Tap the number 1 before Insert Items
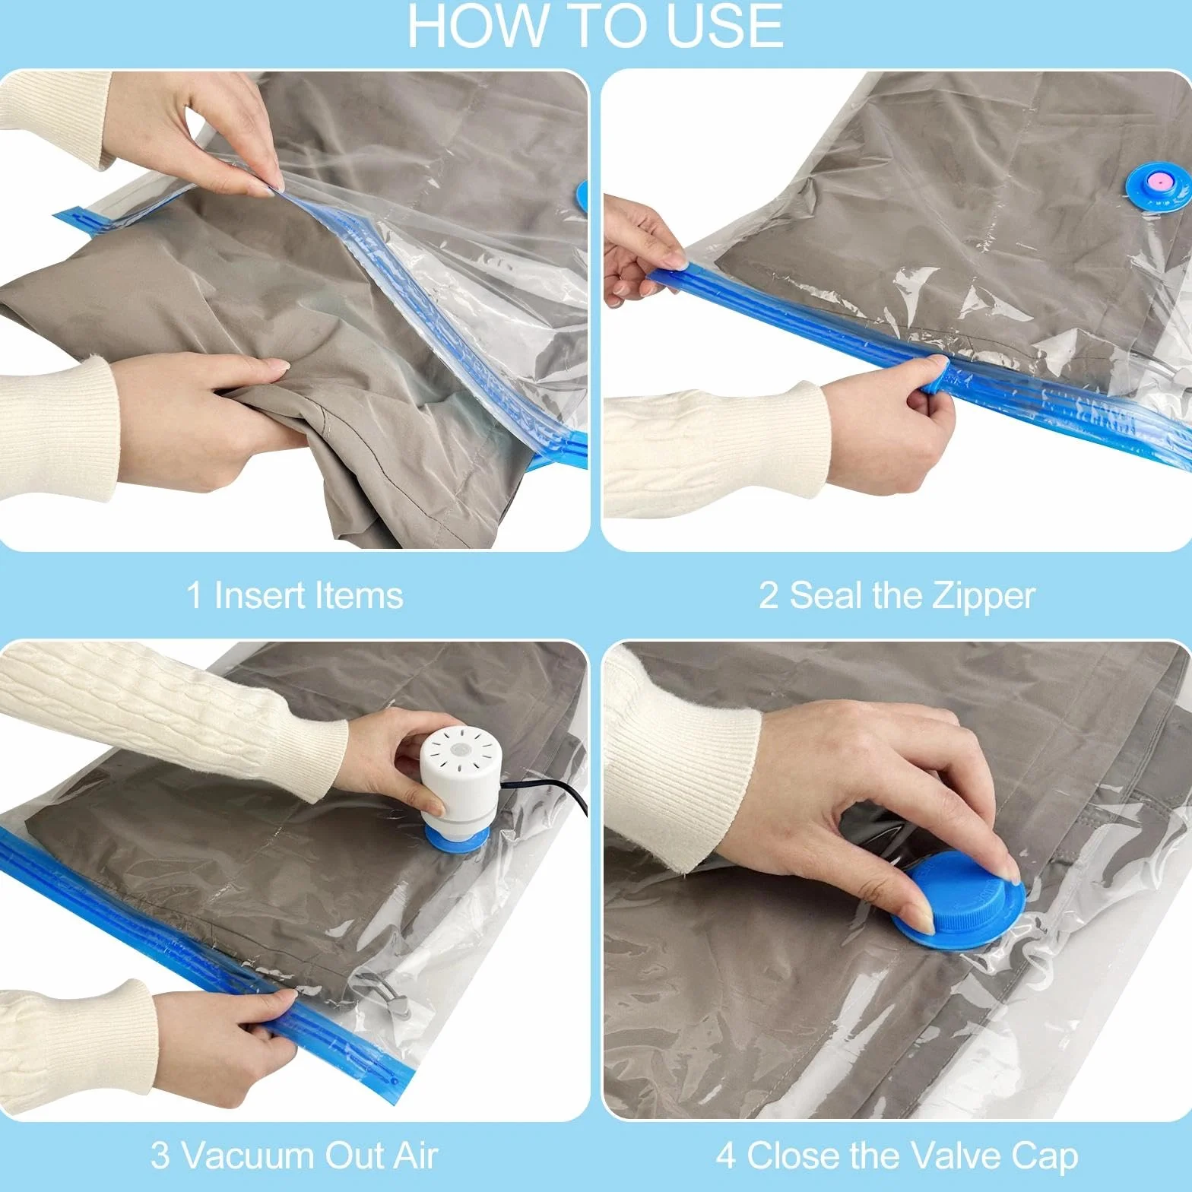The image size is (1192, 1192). coord(195,595)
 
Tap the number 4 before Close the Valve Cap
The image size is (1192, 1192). coord(725,1156)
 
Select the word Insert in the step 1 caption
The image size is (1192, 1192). coord(255,595)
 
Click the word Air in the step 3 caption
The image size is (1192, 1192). coord(415,1156)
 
